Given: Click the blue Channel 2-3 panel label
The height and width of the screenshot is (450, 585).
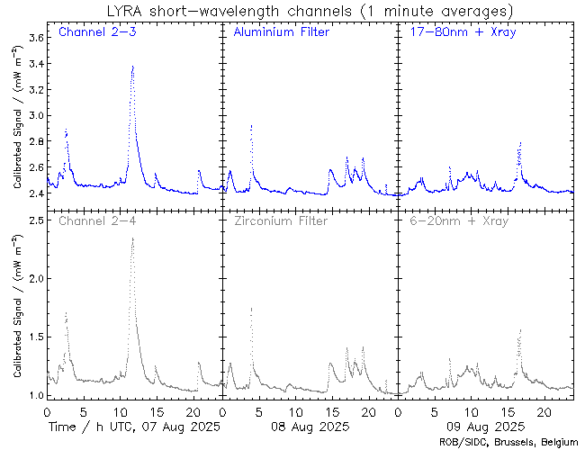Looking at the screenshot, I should pyautogui.click(x=97, y=33).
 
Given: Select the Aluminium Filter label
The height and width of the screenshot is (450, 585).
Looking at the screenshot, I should pyautogui.click(x=281, y=33).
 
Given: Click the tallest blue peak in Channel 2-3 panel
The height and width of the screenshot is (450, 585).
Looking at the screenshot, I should pyautogui.click(x=132, y=67).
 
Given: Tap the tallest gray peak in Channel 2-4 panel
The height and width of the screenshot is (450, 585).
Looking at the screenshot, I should pyautogui.click(x=132, y=238).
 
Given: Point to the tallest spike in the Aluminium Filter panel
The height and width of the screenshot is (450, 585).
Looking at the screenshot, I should pyautogui.click(x=251, y=126).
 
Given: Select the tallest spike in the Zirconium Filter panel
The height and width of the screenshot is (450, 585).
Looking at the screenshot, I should pyautogui.click(x=251, y=309).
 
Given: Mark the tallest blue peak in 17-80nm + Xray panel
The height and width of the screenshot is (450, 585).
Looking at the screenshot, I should pyautogui.click(x=520, y=142).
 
